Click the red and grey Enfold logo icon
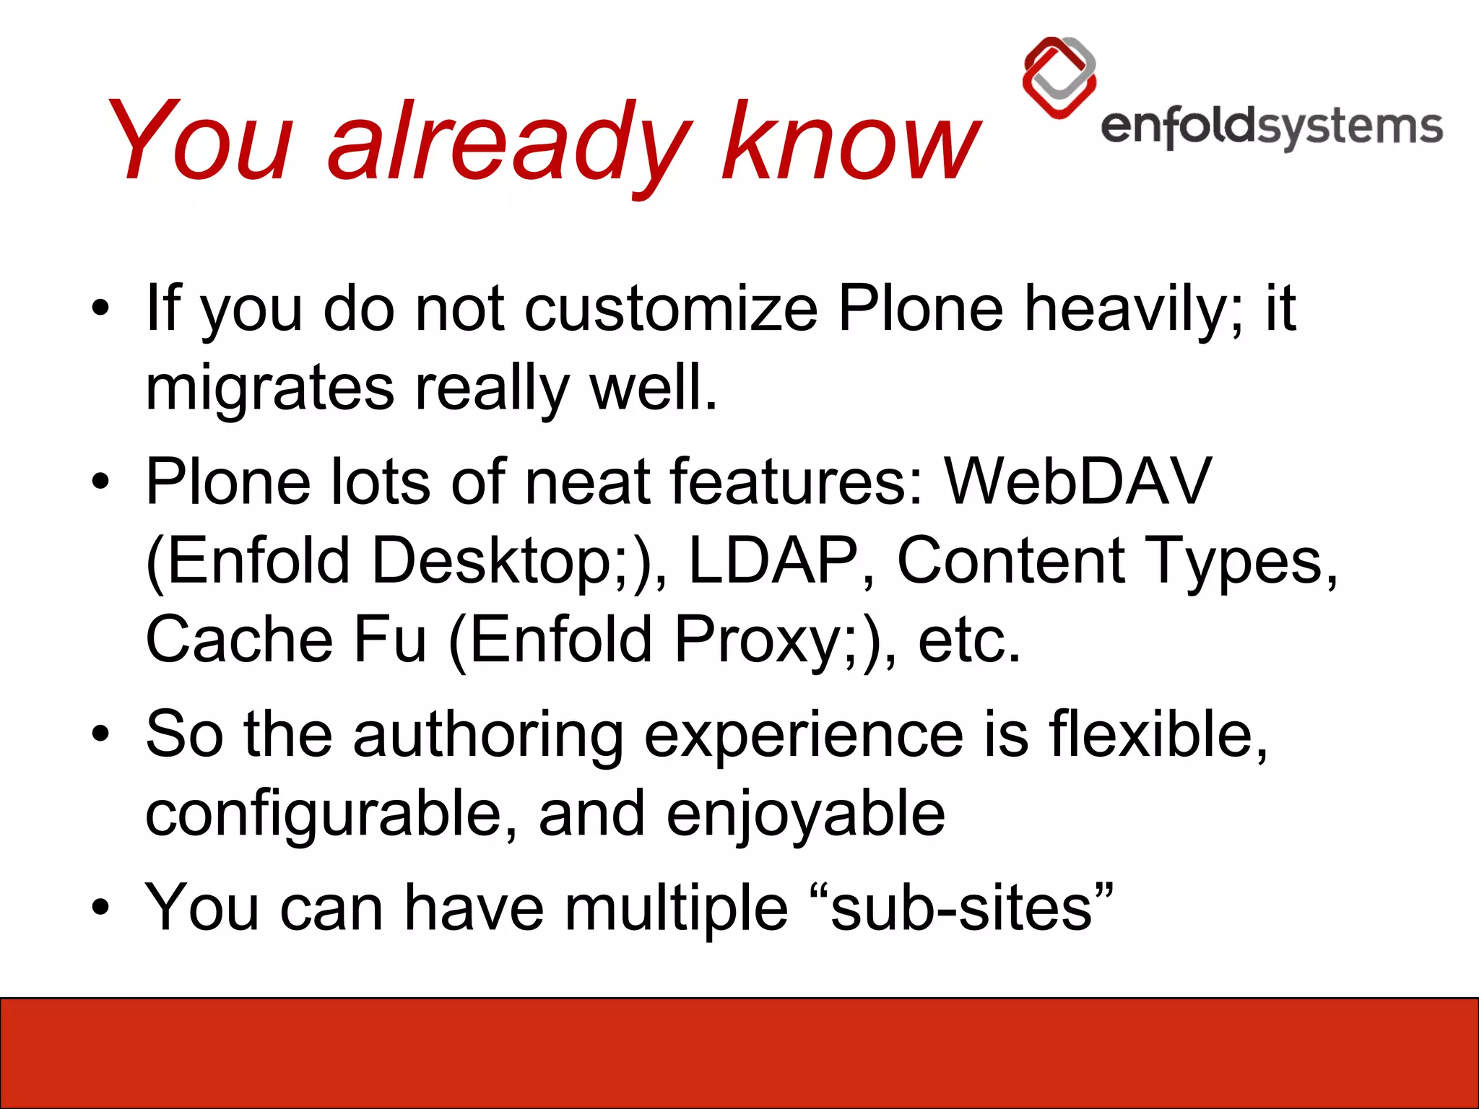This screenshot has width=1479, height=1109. [x=1059, y=77]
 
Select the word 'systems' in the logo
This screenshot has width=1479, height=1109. [x=1350, y=127]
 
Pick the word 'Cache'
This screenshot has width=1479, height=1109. [x=239, y=640]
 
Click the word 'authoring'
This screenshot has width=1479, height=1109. [x=487, y=734]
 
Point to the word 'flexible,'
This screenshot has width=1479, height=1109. [x=1158, y=734]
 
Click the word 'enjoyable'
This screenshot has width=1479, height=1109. [x=805, y=814]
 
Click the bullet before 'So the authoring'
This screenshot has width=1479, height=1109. [x=100, y=735]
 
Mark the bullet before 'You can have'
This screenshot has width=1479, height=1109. [x=100, y=908]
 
